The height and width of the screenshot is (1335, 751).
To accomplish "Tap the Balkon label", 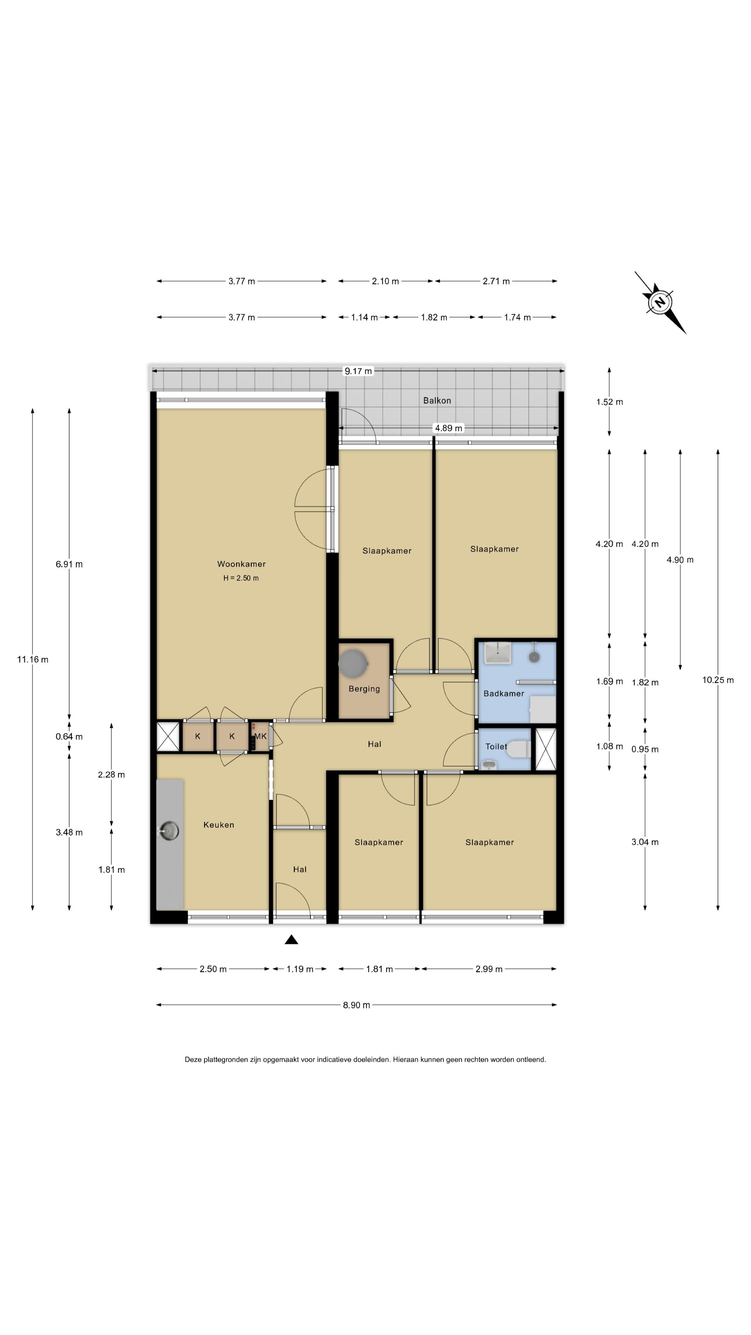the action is [x=437, y=400].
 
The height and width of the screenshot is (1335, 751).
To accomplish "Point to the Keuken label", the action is [x=219, y=825].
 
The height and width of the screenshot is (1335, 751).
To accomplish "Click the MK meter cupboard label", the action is [x=260, y=736].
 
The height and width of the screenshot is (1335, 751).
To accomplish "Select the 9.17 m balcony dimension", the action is [x=358, y=371].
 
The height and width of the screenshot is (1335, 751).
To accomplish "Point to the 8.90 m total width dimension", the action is [x=357, y=1005].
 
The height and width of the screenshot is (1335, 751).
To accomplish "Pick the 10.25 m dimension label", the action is [x=718, y=680].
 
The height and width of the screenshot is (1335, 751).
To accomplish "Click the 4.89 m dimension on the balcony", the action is [x=448, y=428].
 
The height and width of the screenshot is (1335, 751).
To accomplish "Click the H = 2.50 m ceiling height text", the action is [x=241, y=578].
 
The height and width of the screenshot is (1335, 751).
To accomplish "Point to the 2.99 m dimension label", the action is [x=489, y=969].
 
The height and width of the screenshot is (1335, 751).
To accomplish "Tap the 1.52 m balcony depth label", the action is [x=609, y=402].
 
